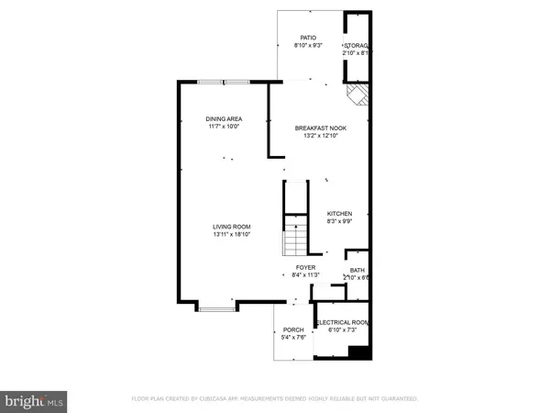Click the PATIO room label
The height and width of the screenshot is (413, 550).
[295, 38]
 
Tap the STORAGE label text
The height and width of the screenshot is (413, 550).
[356, 46]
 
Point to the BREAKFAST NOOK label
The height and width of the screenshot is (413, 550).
[320, 128]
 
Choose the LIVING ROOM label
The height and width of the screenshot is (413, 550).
[232, 227]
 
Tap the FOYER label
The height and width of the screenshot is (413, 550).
[296, 267]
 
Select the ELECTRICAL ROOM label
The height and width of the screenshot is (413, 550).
[341, 323]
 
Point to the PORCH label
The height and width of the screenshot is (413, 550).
[293, 330]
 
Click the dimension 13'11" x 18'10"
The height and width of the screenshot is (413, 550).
[232, 235]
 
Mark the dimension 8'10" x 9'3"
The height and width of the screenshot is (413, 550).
[295, 46]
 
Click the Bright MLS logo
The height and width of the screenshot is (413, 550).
[33, 400]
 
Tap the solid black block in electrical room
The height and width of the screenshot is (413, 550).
[359, 351]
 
